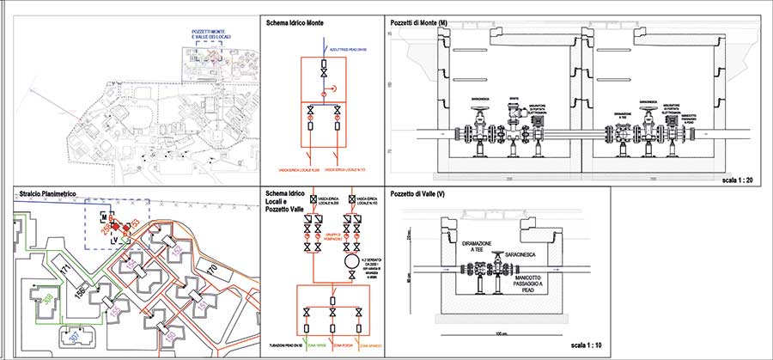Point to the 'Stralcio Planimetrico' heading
[x=47, y=195]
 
